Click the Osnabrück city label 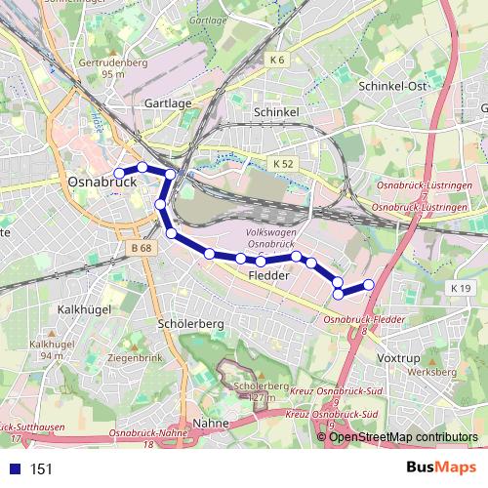coord(101,182)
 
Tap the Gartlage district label coord(167,102)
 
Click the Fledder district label coord(269,276)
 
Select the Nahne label coord(211,423)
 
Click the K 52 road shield coord(283,164)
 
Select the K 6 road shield coord(276,61)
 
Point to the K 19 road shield coord(461,288)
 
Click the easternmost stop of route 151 coord(369,284)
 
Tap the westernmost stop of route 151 coord(120,174)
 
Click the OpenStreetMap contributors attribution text coord(402,436)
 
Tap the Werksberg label coord(432,372)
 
